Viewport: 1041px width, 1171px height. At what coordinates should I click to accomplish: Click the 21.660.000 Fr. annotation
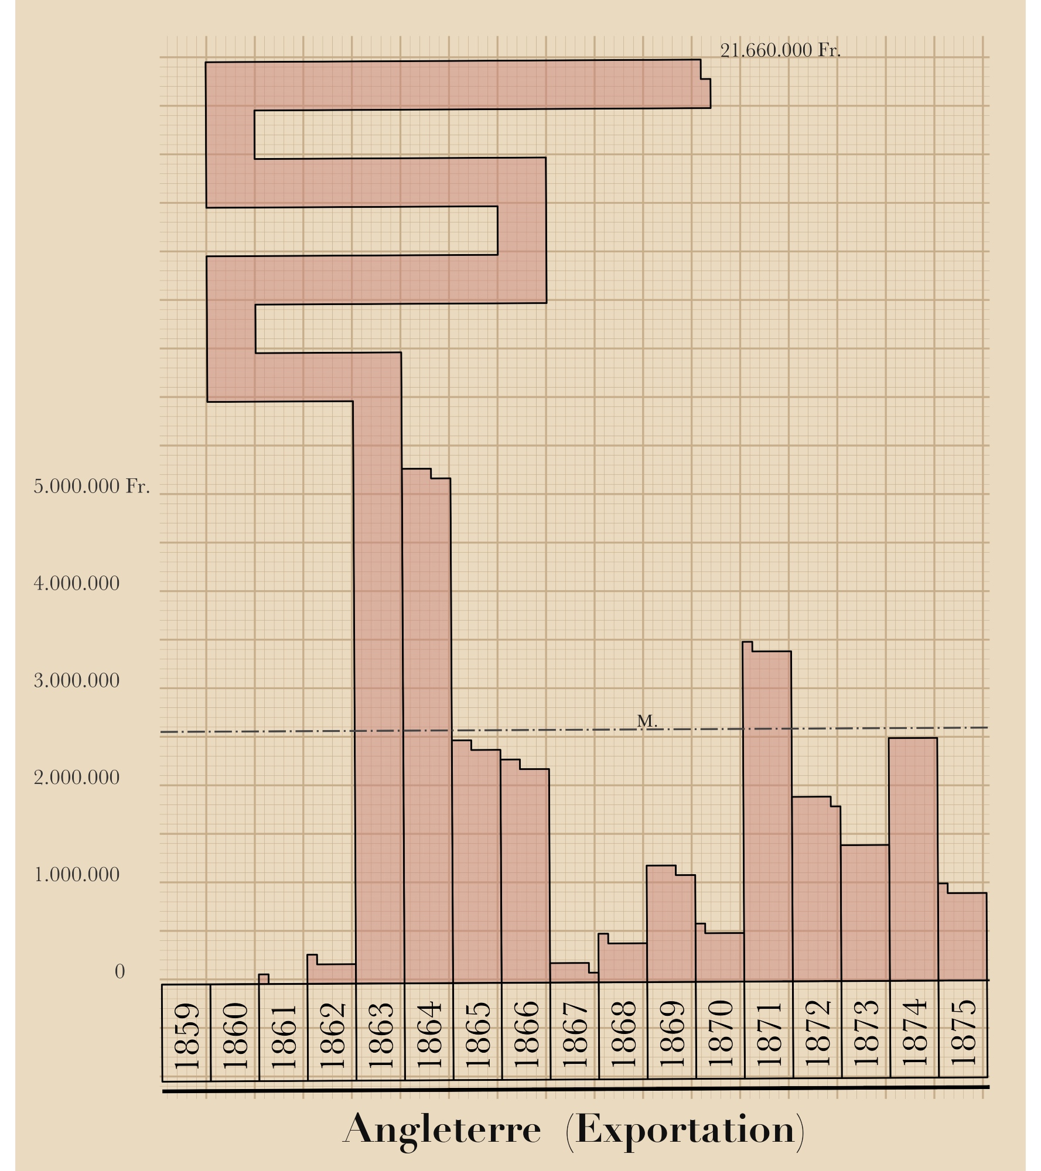click(x=780, y=51)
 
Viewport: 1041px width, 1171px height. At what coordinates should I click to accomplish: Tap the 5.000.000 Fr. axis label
click(x=91, y=487)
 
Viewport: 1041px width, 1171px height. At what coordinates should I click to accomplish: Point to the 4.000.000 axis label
click(x=77, y=584)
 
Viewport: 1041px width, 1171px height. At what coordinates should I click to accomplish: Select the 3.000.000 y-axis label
click(x=77, y=681)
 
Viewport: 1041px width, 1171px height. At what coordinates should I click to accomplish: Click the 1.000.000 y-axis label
click(x=77, y=875)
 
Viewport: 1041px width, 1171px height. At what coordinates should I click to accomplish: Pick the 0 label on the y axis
click(x=120, y=972)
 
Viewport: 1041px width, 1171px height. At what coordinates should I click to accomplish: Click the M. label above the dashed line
click(x=647, y=721)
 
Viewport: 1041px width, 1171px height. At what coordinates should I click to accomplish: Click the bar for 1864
click(x=428, y=732)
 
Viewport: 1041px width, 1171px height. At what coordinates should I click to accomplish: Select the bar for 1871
click(x=767, y=820)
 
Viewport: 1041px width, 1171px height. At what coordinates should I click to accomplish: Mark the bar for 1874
click(x=913, y=861)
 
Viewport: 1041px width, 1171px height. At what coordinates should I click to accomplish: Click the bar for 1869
click(x=671, y=925)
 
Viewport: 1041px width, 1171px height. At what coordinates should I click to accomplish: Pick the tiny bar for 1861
click(x=264, y=979)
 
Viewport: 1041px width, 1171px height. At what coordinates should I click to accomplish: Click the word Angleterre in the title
click(x=442, y=1130)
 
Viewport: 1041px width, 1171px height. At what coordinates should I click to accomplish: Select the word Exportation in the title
click(x=685, y=1130)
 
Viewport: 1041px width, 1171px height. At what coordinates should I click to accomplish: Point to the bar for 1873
click(x=865, y=913)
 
